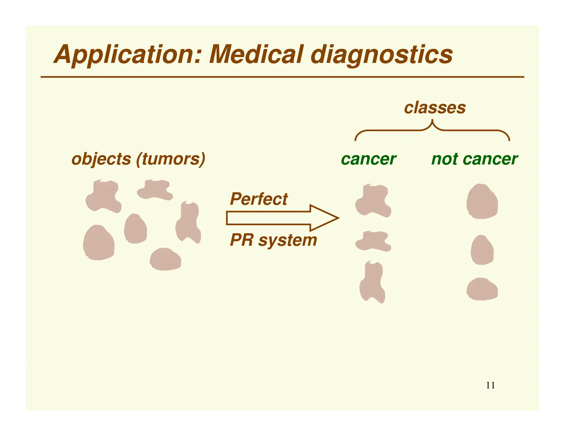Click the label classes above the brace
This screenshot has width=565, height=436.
(435, 107)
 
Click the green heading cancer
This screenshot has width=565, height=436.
(369, 159)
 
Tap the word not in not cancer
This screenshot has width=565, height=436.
(444, 159)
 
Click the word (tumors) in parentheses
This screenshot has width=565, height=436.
(171, 159)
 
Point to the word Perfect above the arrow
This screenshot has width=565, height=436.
(259, 199)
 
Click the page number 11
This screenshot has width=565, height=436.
(490, 385)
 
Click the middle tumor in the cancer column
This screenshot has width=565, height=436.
(373, 241)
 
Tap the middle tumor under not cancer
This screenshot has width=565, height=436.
(482, 250)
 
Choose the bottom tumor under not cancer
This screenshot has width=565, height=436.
(482, 289)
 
